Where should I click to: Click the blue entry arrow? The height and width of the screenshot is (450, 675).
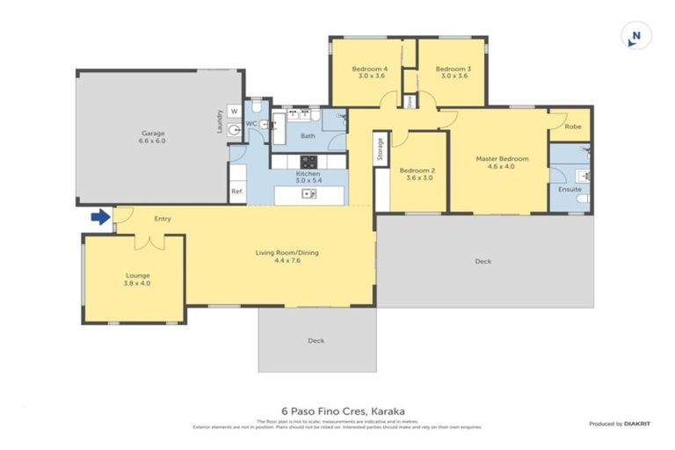100,216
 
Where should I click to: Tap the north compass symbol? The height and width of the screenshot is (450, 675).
635,37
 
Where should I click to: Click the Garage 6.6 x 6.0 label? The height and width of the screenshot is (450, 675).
154,137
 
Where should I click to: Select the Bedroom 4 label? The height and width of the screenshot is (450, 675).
369,72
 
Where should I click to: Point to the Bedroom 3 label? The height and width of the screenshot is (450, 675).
453,72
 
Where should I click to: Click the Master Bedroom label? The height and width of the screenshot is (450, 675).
502,163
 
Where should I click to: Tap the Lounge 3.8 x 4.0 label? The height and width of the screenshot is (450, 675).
137,279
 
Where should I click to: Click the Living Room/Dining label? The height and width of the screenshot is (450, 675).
287,257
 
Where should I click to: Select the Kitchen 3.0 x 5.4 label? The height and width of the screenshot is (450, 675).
308,178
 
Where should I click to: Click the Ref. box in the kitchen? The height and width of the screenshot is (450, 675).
236,191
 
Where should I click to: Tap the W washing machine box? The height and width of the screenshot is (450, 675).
234,112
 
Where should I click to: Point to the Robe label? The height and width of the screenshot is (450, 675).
572,127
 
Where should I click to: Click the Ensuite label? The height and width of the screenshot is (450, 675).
570,189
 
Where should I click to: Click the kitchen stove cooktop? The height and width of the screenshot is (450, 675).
308,161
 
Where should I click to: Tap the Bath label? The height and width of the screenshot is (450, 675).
308,136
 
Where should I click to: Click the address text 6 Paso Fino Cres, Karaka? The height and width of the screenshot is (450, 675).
337,410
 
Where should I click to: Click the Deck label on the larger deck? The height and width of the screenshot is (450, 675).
483,261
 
